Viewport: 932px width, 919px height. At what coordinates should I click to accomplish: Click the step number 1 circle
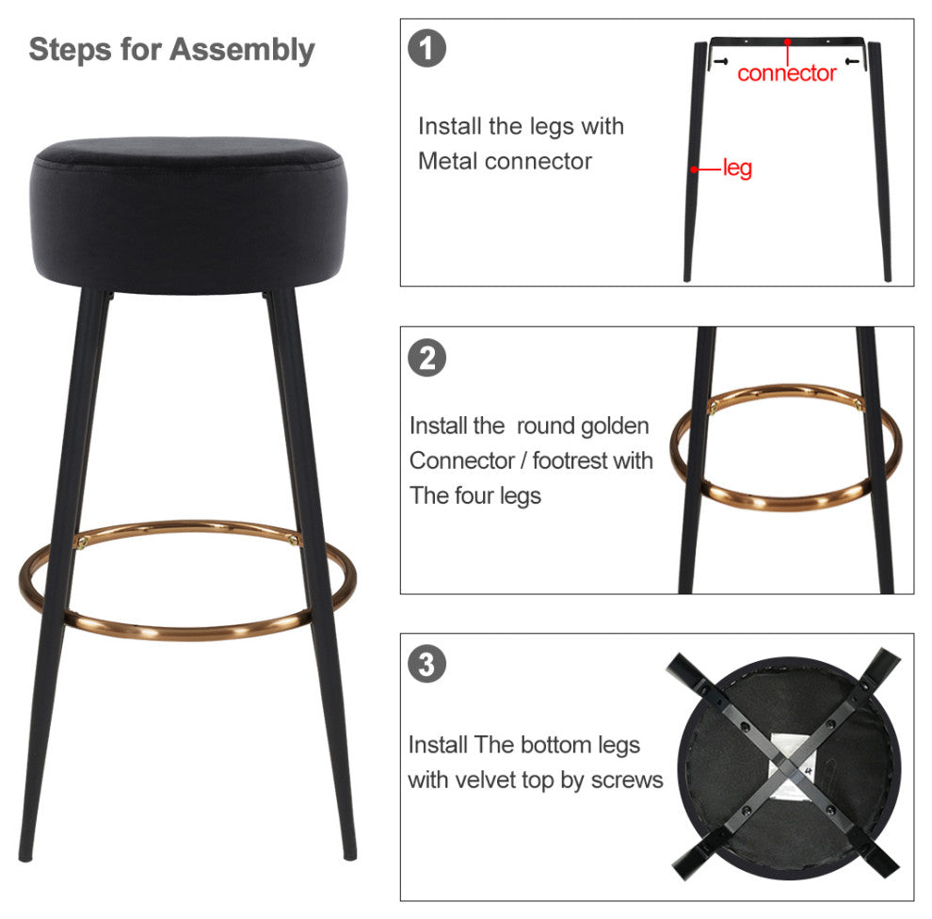click(x=426, y=48)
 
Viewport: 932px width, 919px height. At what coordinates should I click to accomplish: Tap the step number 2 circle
click(x=426, y=358)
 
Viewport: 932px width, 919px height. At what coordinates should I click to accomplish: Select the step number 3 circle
click(x=426, y=664)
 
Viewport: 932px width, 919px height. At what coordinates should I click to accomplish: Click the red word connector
click(x=786, y=73)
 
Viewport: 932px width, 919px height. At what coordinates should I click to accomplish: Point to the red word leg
click(x=738, y=169)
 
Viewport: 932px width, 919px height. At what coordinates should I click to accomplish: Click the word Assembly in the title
click(x=242, y=50)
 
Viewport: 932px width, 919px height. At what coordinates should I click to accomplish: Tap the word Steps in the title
click(x=71, y=50)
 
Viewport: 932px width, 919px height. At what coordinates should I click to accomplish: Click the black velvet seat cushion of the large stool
click(x=187, y=214)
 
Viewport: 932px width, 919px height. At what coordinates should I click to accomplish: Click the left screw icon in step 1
click(x=720, y=61)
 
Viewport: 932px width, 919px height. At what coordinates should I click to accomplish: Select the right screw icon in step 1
click(x=852, y=61)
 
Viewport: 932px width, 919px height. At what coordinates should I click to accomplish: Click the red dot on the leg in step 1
click(x=694, y=169)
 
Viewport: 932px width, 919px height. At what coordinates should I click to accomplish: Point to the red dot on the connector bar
click(x=787, y=41)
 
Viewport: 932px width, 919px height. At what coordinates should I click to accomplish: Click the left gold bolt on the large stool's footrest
click(x=82, y=541)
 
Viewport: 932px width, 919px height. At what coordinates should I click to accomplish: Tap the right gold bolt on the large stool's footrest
click(x=293, y=540)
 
